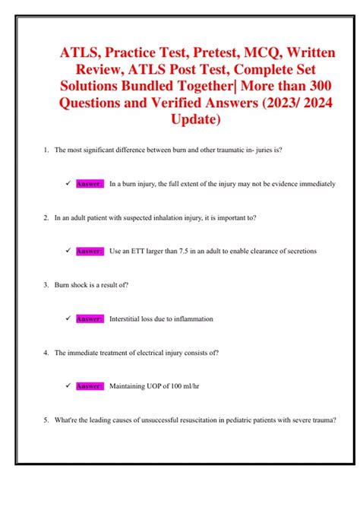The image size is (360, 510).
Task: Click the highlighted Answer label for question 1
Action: (x=90, y=184)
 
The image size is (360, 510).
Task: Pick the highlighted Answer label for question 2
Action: (x=90, y=251)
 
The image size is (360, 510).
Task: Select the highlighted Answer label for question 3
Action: (x=90, y=318)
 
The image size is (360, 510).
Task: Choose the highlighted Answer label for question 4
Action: (x=90, y=386)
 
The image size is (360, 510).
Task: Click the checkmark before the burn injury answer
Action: (x=68, y=184)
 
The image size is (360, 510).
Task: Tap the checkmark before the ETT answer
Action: (x=68, y=251)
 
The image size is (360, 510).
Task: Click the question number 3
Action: (x=46, y=285)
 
